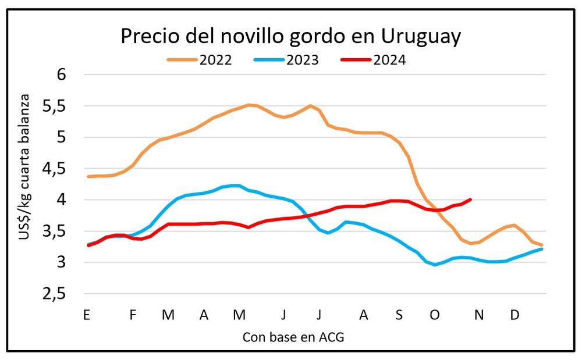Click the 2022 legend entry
[215, 59]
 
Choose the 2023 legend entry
[302, 59]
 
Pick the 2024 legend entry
[389, 59]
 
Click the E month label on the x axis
[86, 315]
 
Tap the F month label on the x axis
[133, 315]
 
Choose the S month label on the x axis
[399, 315]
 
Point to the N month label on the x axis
[478, 315]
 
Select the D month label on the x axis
[514, 315]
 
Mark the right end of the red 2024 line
[470, 199]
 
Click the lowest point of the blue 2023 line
[435, 265]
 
